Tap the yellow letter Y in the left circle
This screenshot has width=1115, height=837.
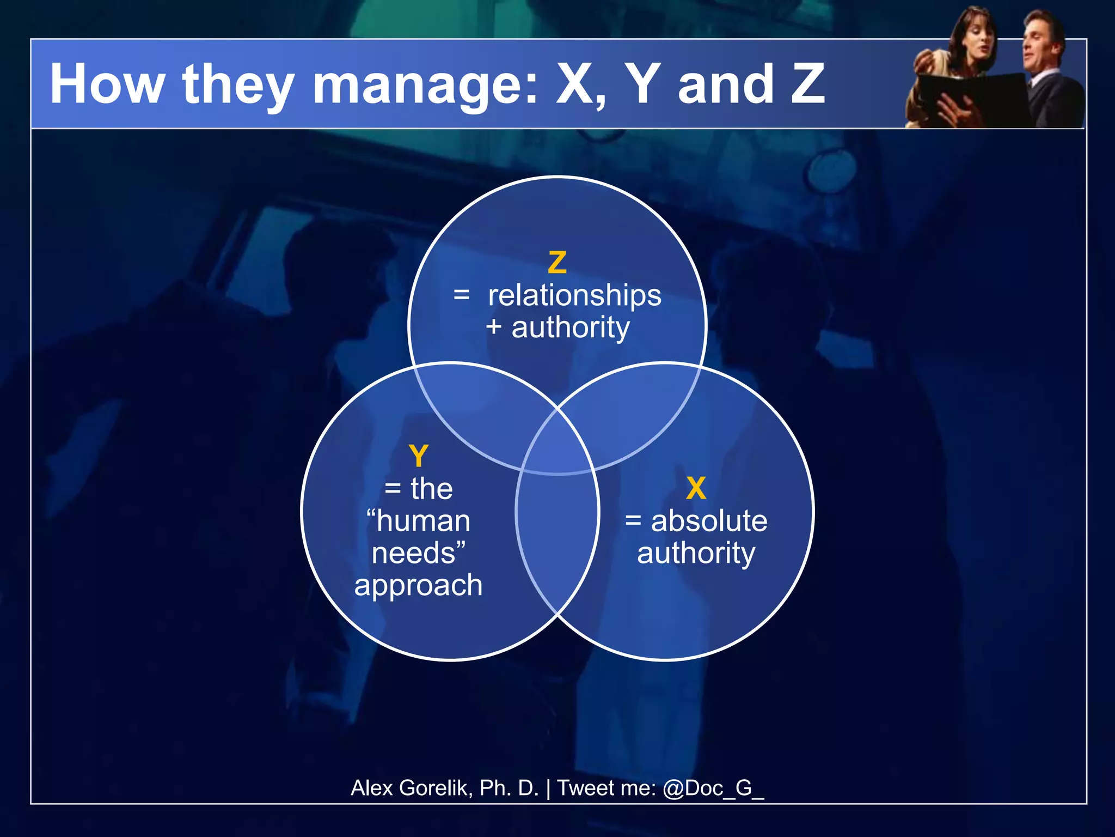point(418,456)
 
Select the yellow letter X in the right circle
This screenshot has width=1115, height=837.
point(696,488)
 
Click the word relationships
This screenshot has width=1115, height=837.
point(574,296)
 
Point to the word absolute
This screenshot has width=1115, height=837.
point(709,521)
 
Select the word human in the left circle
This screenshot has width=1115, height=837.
point(423,521)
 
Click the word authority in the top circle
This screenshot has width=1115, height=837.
point(570,327)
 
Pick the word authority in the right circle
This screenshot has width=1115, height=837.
point(696,554)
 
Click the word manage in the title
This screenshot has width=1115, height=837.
point(424,85)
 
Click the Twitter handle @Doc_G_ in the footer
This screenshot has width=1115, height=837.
point(713,788)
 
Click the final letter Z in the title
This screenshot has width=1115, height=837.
point(807,84)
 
